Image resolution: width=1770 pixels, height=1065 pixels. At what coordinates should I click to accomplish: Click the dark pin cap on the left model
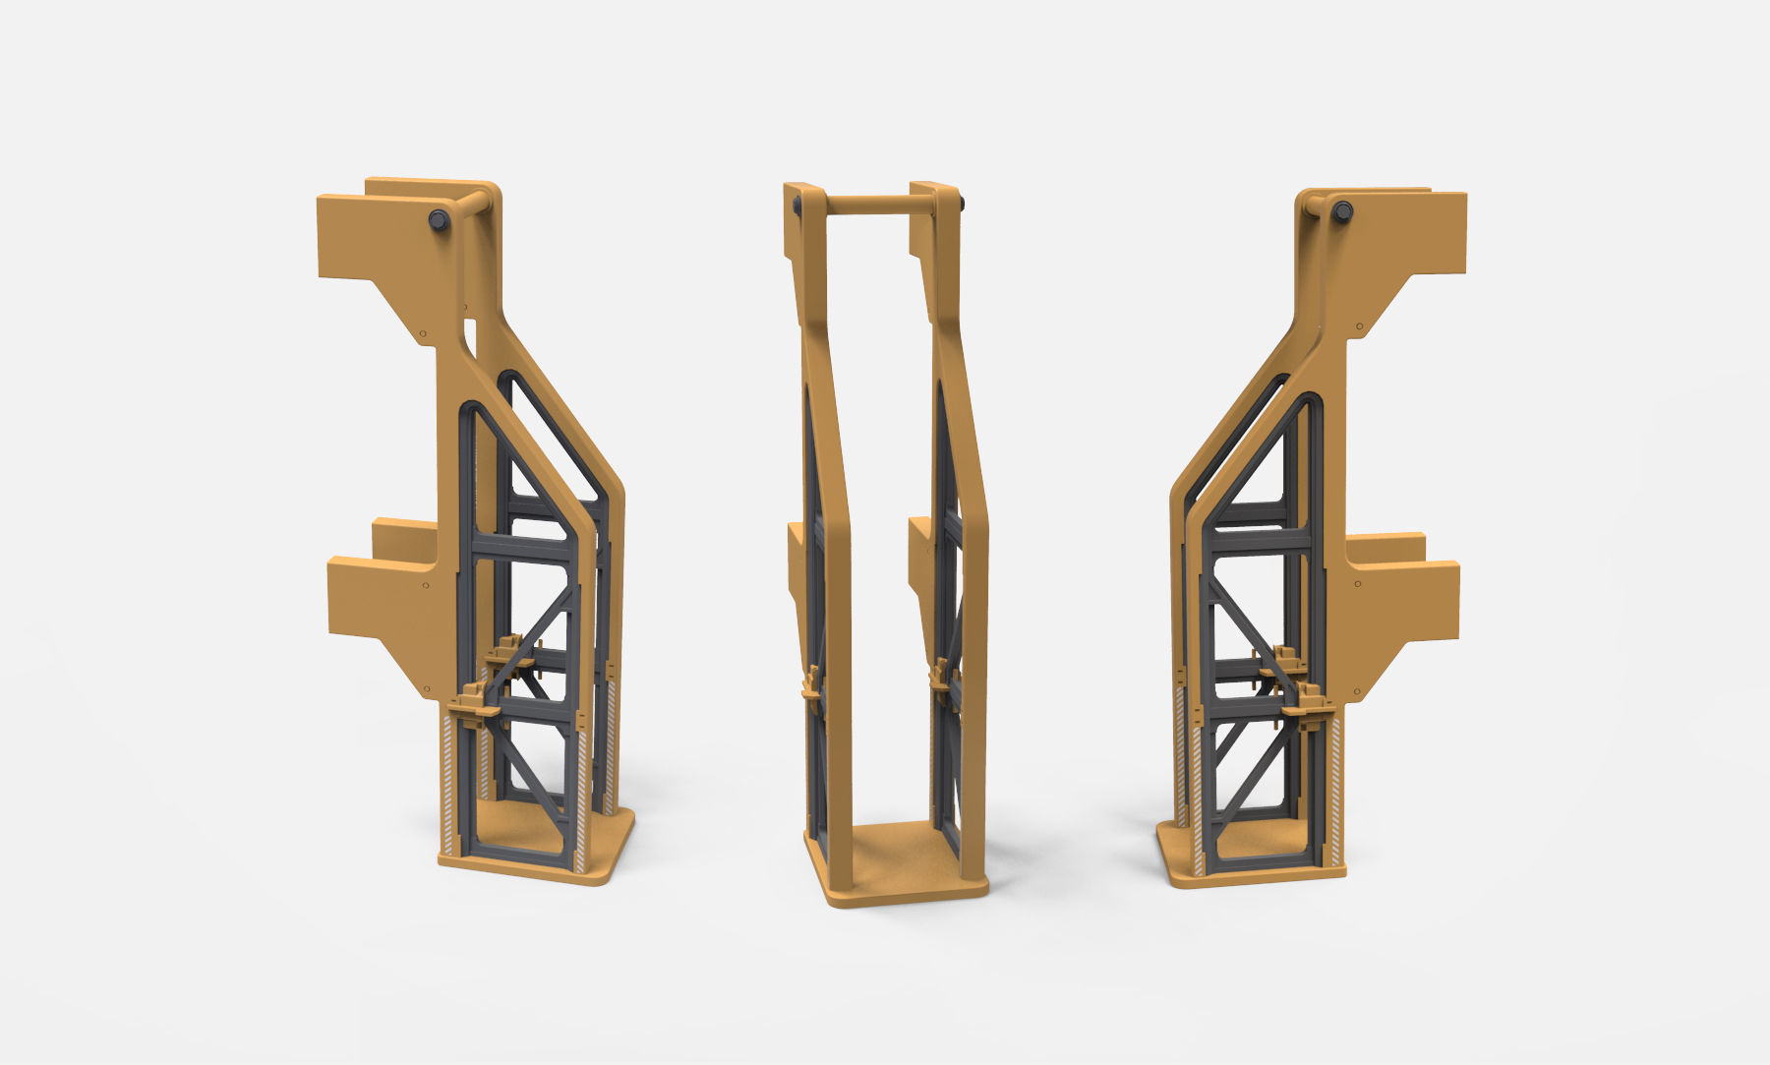click(440, 220)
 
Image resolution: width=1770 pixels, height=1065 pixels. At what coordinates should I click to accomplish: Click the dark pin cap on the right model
click(1342, 210)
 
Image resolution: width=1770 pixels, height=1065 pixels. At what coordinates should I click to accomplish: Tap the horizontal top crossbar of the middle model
click(866, 206)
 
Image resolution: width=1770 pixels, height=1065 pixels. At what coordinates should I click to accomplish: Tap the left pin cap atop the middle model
click(796, 205)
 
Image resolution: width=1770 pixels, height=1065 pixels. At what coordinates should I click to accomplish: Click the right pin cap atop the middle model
click(960, 205)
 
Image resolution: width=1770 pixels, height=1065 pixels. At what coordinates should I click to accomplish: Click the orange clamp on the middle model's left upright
click(811, 683)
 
